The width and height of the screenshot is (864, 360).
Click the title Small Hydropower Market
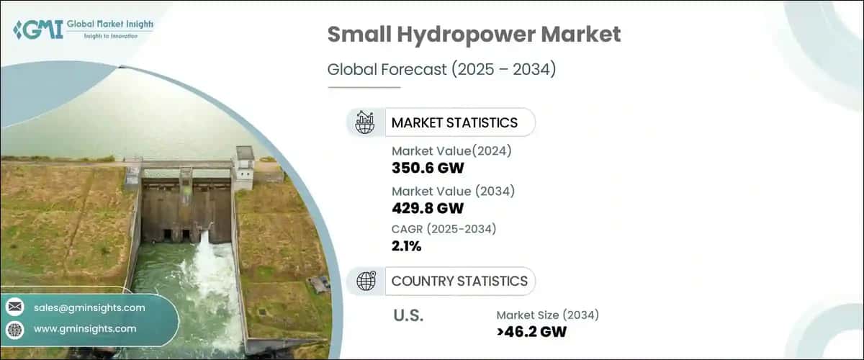[474, 35]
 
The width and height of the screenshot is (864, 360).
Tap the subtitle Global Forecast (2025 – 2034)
[442, 70]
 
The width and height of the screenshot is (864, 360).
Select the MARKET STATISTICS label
[454, 122]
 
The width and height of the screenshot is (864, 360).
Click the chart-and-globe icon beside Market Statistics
[365, 122]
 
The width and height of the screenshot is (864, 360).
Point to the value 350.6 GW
[427, 168]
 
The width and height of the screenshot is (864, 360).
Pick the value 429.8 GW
[428, 208]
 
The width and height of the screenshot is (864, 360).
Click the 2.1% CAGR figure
[407, 246]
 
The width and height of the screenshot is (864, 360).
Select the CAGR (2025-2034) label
[444, 229]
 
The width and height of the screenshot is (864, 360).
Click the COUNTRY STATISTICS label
[459, 281]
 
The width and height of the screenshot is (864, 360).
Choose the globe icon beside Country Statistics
[366, 281]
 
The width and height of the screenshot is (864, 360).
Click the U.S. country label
[408, 315]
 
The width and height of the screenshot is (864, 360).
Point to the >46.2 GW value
[532, 332]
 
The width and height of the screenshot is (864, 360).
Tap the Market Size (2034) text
[547, 314]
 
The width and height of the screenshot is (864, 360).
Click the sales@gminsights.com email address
[89, 307]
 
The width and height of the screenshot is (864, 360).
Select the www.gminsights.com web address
[85, 328]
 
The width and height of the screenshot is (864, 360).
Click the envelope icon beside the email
[15, 307]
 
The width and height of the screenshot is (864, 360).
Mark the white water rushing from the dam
[205, 266]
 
